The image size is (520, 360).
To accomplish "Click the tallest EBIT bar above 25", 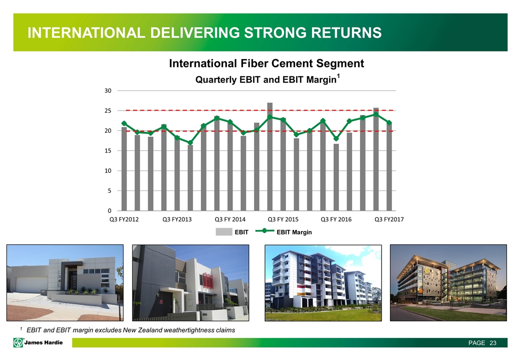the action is (x=269, y=156).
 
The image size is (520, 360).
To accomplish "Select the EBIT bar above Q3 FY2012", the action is (x=124, y=168).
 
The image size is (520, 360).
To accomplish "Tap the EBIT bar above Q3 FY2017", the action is (x=389, y=166).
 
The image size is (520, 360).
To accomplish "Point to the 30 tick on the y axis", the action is (x=108, y=90).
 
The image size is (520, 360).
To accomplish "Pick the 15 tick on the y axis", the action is (x=108, y=150).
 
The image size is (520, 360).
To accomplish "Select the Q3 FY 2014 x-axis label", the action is (x=230, y=219).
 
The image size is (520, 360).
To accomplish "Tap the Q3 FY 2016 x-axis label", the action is (x=336, y=219).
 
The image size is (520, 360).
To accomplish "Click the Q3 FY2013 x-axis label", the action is (x=177, y=219).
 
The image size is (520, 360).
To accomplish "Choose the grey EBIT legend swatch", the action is (x=224, y=231).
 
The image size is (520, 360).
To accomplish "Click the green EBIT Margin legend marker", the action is (x=264, y=230).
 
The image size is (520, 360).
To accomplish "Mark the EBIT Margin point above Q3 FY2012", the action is (x=124, y=123).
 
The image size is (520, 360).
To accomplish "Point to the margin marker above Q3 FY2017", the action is (x=389, y=123).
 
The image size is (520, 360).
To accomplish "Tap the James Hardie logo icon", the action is (x=18, y=342).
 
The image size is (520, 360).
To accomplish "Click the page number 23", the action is (x=493, y=343).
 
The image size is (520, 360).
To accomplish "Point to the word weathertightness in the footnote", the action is (x=189, y=330).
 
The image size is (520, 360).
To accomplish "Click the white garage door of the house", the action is (x=31, y=284).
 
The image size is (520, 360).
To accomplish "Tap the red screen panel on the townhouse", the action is (x=208, y=280).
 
